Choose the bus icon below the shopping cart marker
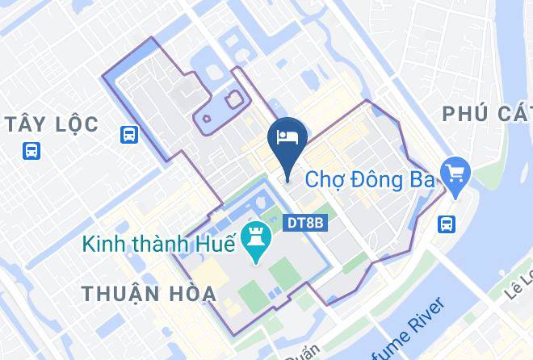click(446, 224)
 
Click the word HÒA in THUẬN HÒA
click(191, 293)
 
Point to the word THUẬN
click(120, 293)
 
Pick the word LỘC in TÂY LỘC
click(71, 124)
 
